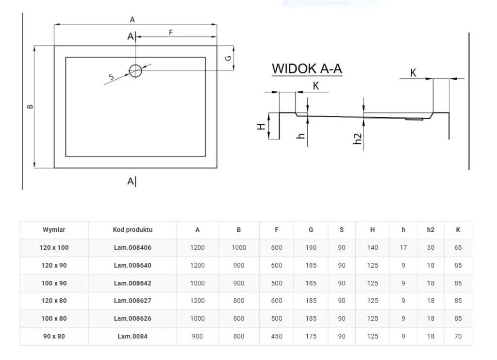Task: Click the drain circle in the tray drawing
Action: (x=135, y=71)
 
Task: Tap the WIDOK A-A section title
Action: (x=307, y=69)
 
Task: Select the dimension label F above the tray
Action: (x=171, y=33)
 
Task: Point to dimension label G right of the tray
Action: (x=227, y=58)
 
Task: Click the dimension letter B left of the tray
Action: (x=30, y=107)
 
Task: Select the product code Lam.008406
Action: (x=133, y=247)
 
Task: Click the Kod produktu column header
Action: (x=133, y=230)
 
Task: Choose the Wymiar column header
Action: (x=54, y=230)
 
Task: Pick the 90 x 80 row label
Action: (x=54, y=336)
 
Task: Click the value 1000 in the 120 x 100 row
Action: (x=238, y=247)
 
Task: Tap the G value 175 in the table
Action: (x=311, y=336)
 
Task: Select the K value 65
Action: (x=458, y=247)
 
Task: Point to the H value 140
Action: (x=372, y=247)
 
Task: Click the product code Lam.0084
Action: (x=133, y=336)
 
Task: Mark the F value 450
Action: (x=277, y=336)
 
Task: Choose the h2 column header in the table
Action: (x=431, y=230)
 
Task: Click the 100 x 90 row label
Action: (x=54, y=283)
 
